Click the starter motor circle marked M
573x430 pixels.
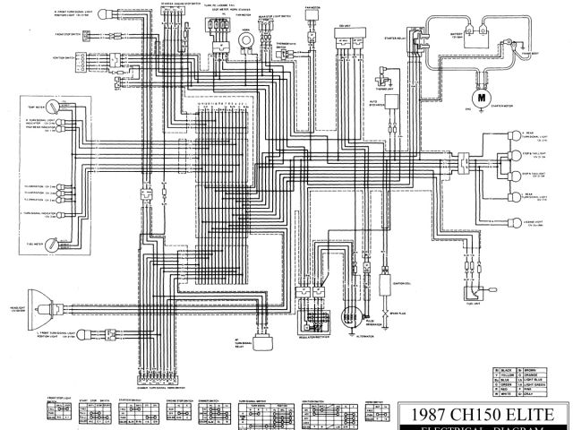[482, 97]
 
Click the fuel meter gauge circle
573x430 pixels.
[53, 243]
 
